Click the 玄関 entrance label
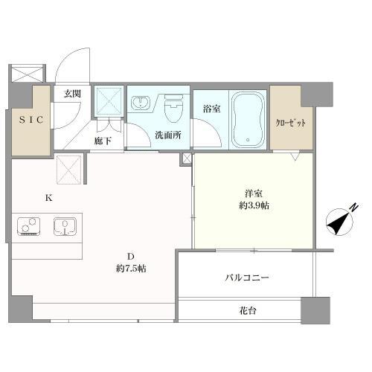click(x=72, y=94)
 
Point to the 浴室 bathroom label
click(x=211, y=109)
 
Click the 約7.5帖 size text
click(x=131, y=269)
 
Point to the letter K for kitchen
click(x=50, y=198)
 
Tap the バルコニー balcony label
click(x=247, y=278)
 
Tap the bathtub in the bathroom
click(x=247, y=120)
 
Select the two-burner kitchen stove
click(x=29, y=225)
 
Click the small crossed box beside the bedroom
click(x=185, y=158)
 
